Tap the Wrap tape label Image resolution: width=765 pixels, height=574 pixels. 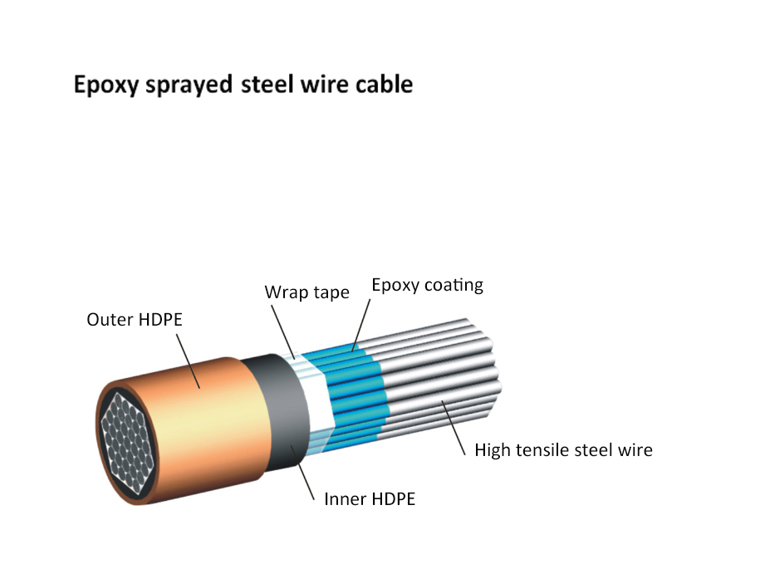(306, 292)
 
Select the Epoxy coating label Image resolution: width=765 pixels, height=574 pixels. (427, 285)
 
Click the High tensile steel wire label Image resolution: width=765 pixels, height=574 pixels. (563, 450)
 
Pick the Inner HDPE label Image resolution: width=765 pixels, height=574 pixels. (369, 498)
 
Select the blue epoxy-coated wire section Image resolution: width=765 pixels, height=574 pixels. (349, 390)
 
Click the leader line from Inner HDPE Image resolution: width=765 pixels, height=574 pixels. (302, 472)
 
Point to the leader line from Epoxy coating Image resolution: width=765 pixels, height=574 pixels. (360, 325)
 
